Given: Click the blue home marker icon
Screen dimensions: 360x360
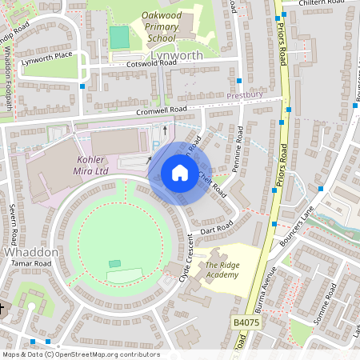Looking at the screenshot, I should pyautogui.click(x=179, y=173).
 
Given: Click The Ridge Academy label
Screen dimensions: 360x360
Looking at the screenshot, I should pyautogui.click(x=222, y=270).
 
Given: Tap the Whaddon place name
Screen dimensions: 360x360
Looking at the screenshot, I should pyautogui.click(x=31, y=252).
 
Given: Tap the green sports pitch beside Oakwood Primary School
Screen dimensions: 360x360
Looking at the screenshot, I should pyautogui.click(x=119, y=37).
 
